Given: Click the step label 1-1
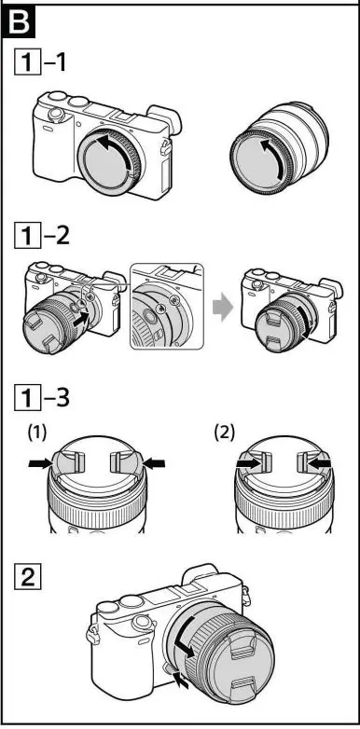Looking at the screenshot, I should click(49, 65).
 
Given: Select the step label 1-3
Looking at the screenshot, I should click(49, 396).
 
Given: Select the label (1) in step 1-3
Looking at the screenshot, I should click(36, 434).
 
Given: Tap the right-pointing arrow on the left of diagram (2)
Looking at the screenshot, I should click(245, 462).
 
